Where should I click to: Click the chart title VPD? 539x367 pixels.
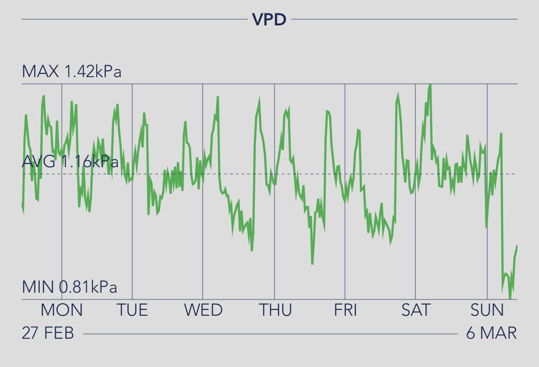coord(269,20)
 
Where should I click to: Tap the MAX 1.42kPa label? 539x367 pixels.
coord(71,72)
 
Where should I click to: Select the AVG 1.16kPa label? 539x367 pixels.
coord(70,161)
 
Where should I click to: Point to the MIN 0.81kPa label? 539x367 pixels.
coord(69,287)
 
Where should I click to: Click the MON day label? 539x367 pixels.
coord(61,310)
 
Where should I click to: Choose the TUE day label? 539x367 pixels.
coord(132,310)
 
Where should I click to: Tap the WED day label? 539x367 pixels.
coord(203,310)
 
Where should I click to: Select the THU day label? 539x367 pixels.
coord(275,310)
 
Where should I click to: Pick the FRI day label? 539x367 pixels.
coord(345,310)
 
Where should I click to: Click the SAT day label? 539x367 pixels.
coord(416,310)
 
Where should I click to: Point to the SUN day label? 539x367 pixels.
coord(487,310)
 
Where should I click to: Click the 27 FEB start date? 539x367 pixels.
coord(48,333)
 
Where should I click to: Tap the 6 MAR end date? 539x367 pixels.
coord(492,333)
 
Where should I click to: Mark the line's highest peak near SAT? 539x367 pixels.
coord(430,85)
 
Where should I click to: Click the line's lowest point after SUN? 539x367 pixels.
coord(510,298)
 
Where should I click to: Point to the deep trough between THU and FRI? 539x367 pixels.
coord(312,264)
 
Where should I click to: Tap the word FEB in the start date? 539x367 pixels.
coord(59,333)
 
